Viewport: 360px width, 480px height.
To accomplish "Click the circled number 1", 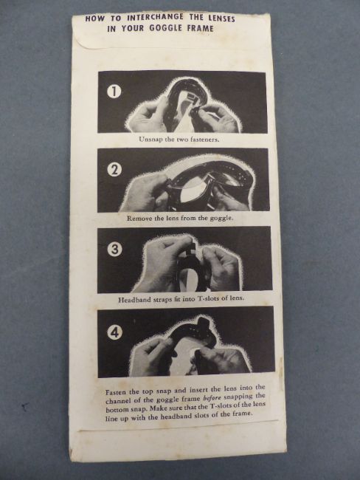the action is pos(114,92).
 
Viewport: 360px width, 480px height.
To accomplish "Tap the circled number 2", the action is pos(114,170).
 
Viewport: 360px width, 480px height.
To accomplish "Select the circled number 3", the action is pos(114,250).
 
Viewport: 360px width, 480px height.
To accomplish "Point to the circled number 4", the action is pos(114,332).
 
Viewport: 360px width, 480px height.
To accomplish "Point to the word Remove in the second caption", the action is pos(138,219).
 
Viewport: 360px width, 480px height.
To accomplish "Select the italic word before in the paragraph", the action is pos(212,398).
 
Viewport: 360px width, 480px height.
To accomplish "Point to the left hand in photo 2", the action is pos(145,193).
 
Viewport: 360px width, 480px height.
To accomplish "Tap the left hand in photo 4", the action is pos(151,357).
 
